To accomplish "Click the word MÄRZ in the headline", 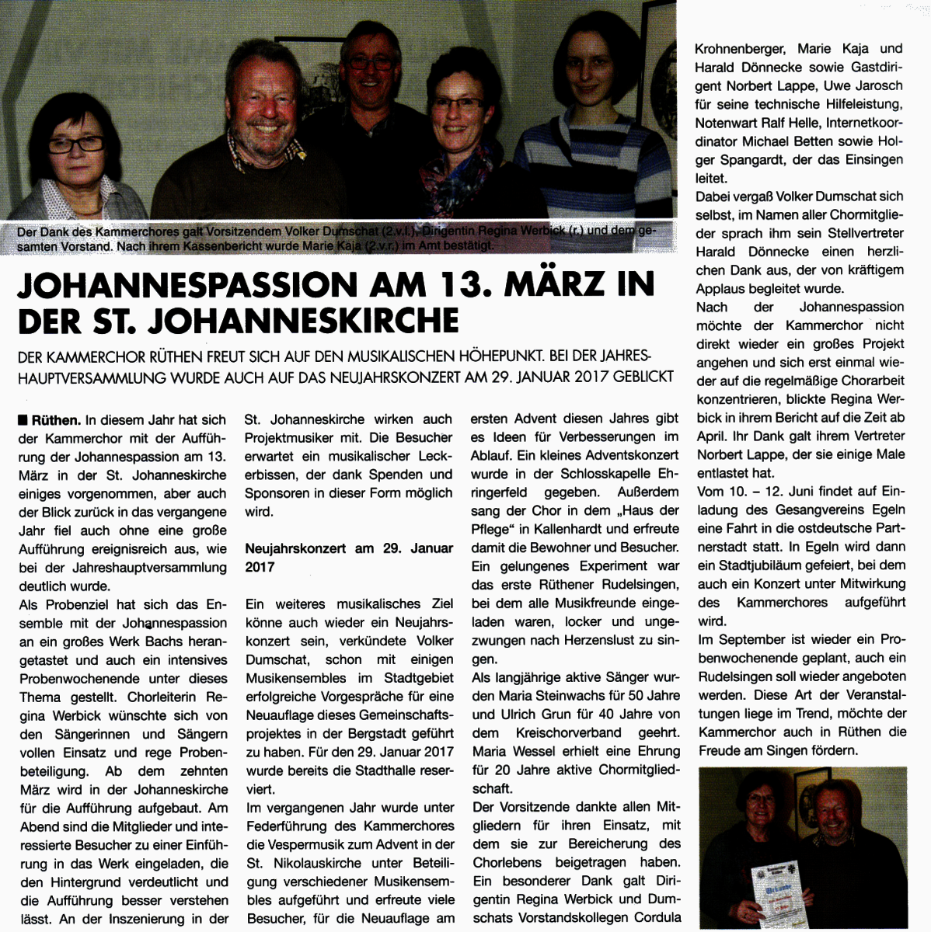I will (554, 284).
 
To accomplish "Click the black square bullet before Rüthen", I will (23, 420).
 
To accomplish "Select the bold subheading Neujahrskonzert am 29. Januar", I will (349, 548).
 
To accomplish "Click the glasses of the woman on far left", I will (76, 144).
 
